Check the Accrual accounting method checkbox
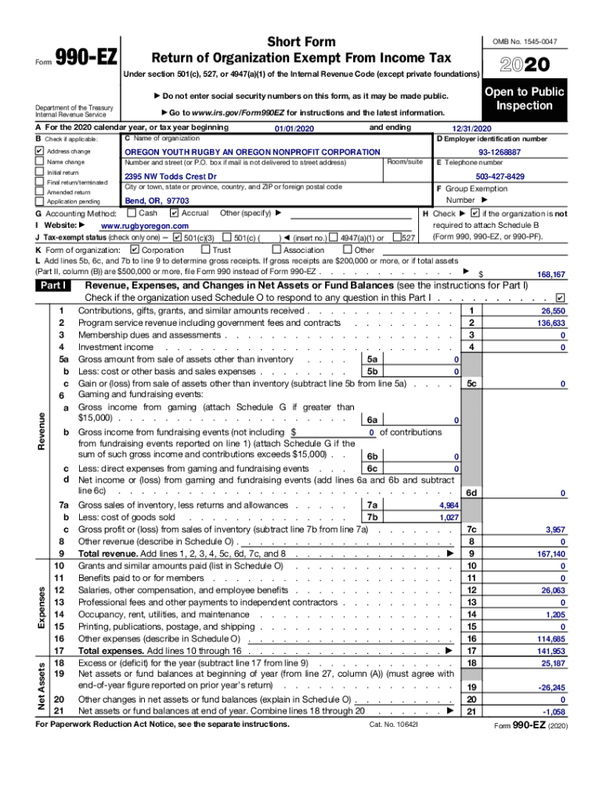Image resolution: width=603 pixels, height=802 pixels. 175,213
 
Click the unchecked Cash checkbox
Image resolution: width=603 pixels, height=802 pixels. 132,213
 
